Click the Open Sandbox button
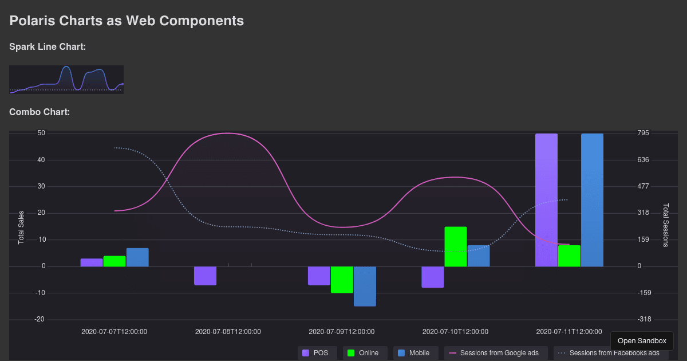point(642,340)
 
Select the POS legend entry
point(315,353)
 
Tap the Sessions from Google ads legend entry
point(496,353)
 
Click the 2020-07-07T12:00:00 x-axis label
point(114,331)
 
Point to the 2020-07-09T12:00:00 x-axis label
point(342,331)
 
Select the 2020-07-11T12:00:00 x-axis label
point(569,331)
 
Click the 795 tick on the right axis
point(643,133)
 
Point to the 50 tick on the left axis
point(41,133)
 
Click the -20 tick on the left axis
point(40,319)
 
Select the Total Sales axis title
point(21,227)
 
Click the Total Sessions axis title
point(665,225)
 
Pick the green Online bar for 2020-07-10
point(456,246)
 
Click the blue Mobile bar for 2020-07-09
point(365,286)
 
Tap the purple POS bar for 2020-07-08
point(205,276)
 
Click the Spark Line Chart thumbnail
point(66,79)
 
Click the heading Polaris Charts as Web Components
point(127,21)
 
